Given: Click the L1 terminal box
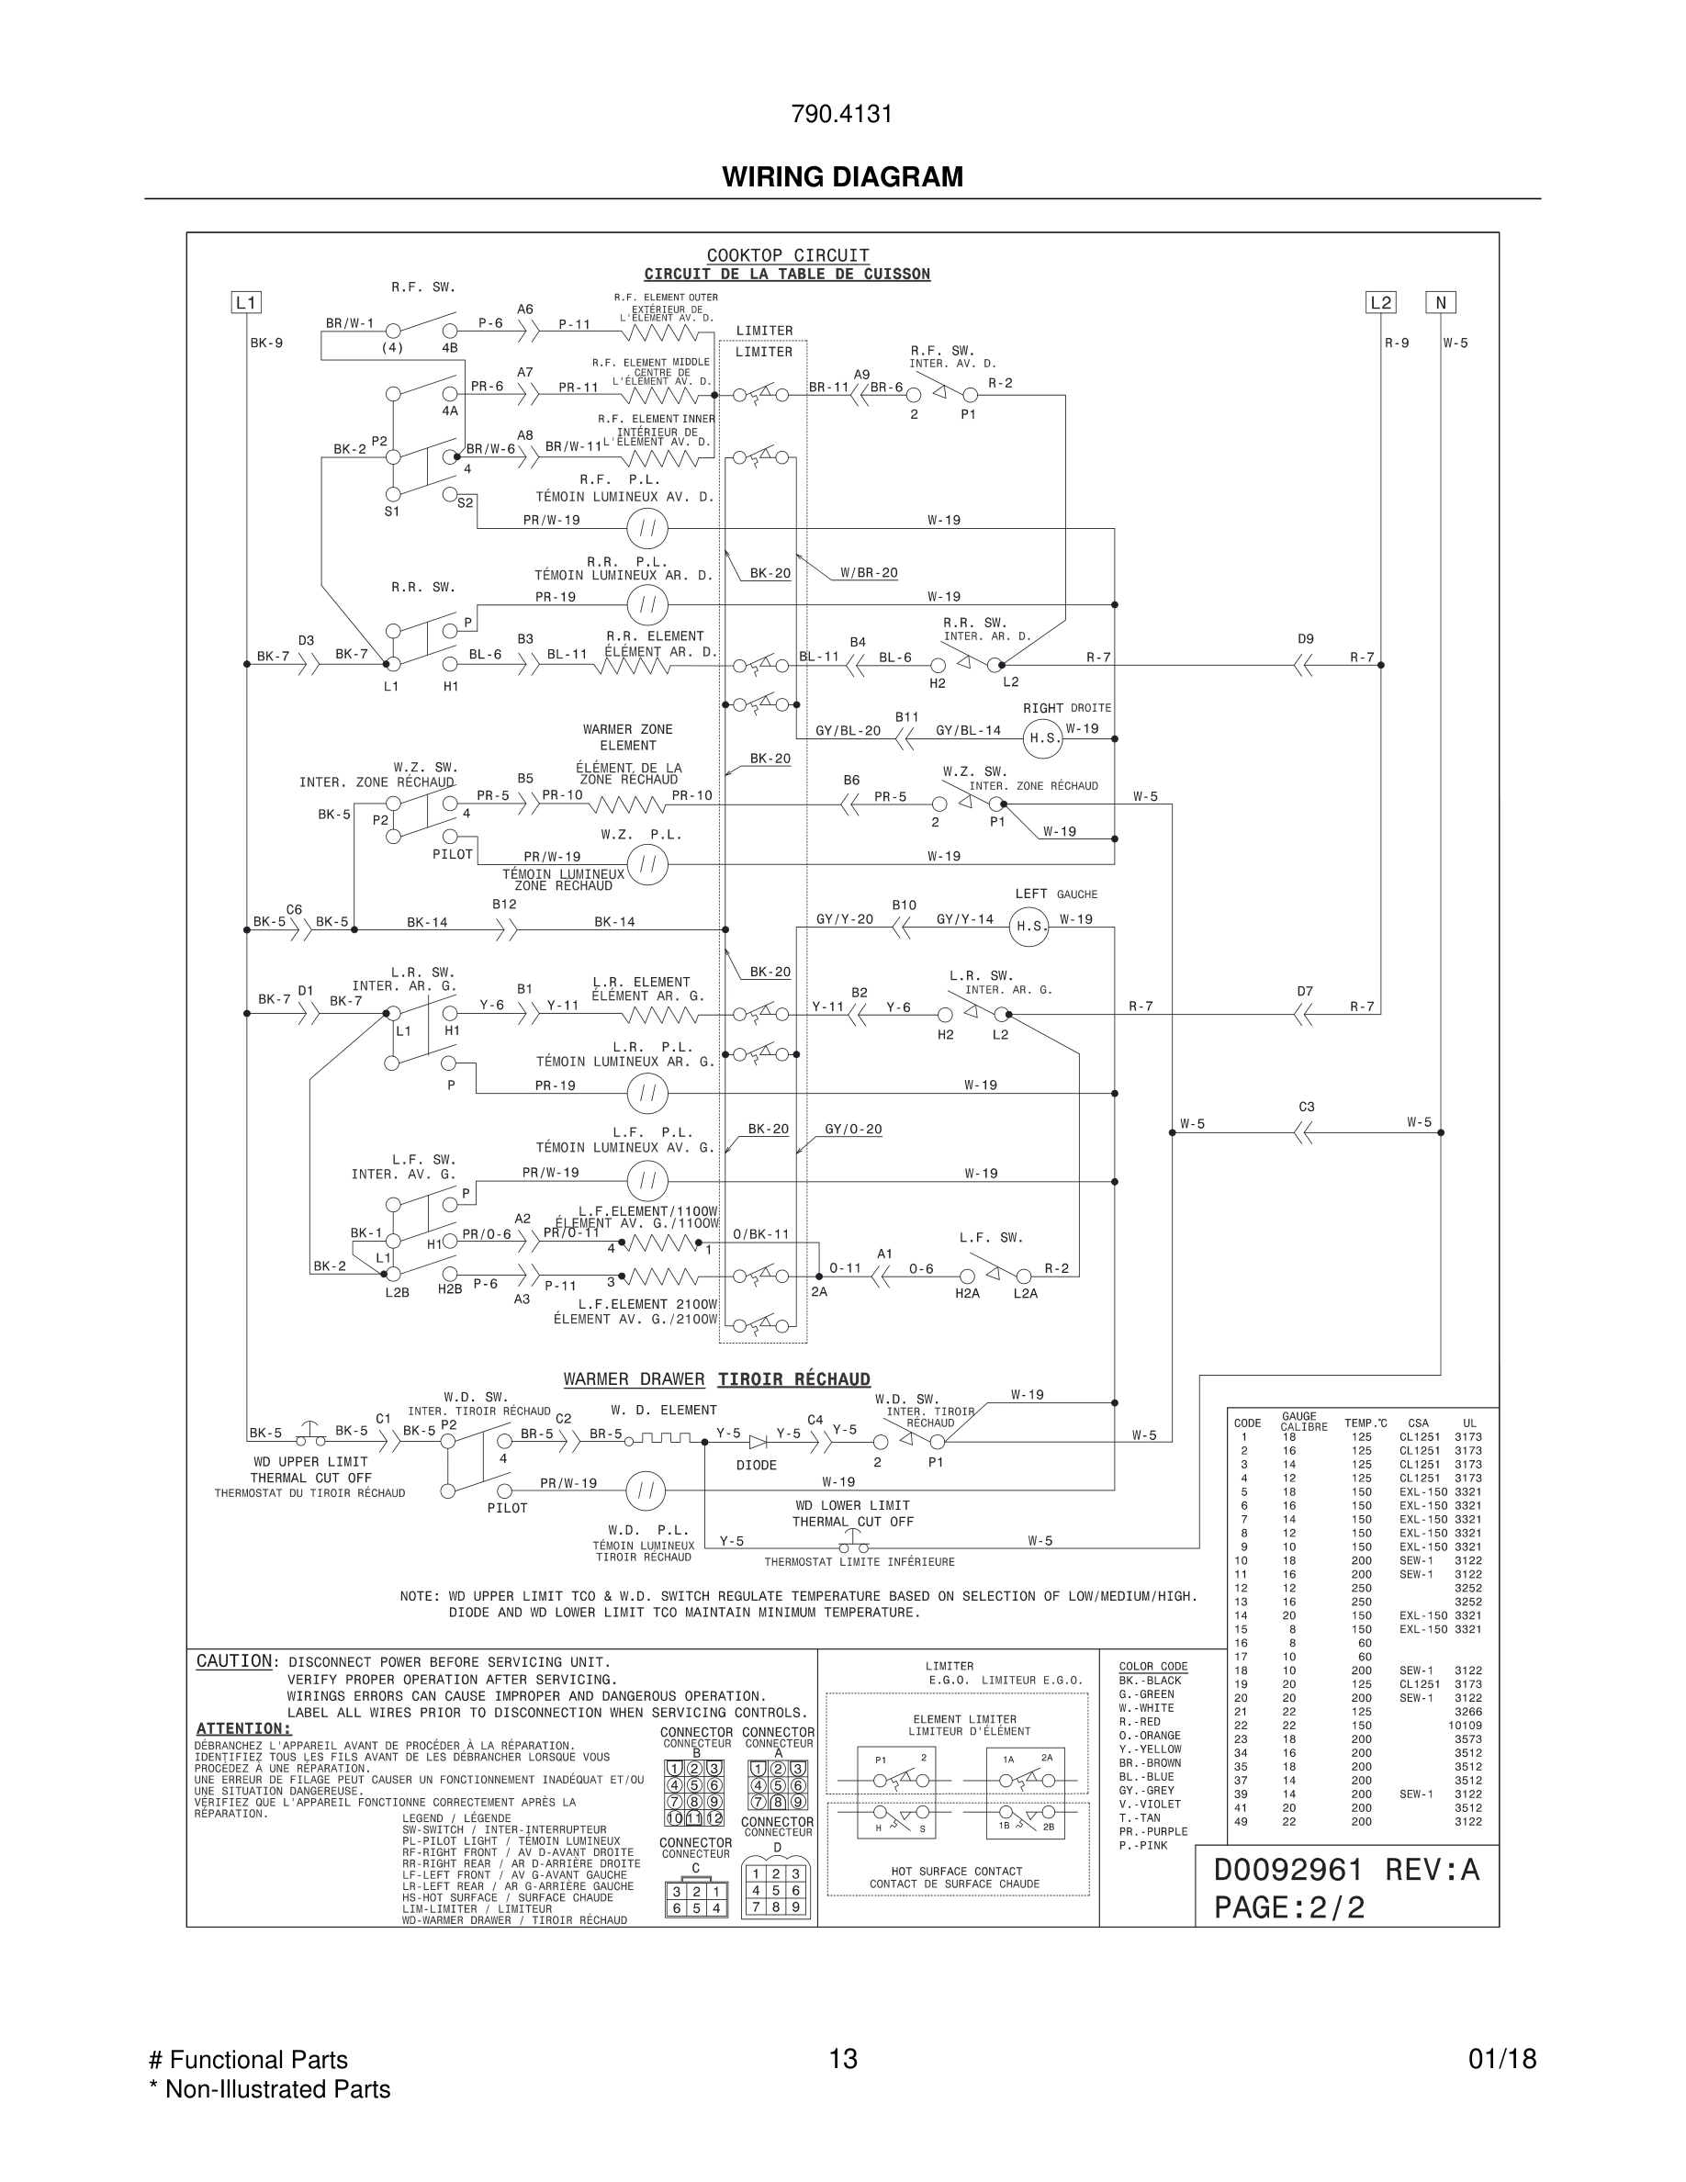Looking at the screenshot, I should click(x=246, y=303).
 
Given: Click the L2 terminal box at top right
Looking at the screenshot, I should click(x=1380, y=303).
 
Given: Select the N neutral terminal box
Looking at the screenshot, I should click(x=1440, y=303).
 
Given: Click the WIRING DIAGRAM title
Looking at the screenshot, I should click(x=843, y=177).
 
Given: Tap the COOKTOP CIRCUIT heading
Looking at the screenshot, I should click(x=787, y=256).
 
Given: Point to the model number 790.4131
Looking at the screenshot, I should click(x=842, y=115).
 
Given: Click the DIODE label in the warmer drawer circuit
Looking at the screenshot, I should click(x=756, y=1465).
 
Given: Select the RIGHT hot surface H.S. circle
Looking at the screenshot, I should click(x=1044, y=738).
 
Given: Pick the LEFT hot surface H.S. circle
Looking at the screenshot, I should click(x=1028, y=926).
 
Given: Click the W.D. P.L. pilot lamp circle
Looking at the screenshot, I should click(x=646, y=1490).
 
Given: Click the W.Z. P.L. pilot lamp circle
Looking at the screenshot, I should click(x=647, y=863).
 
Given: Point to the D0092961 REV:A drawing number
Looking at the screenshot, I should click(x=1345, y=1869).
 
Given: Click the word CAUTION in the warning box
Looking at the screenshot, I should click(x=234, y=1661).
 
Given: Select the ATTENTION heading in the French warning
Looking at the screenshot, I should click(x=242, y=1729).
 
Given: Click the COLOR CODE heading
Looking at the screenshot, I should click(x=1152, y=1666).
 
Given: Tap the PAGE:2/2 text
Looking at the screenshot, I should click(x=1288, y=1907).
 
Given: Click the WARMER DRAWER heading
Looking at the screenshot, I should click(x=634, y=1379).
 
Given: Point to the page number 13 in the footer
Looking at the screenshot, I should click(x=843, y=2059).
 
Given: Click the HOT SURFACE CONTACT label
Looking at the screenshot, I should click(x=956, y=1872).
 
